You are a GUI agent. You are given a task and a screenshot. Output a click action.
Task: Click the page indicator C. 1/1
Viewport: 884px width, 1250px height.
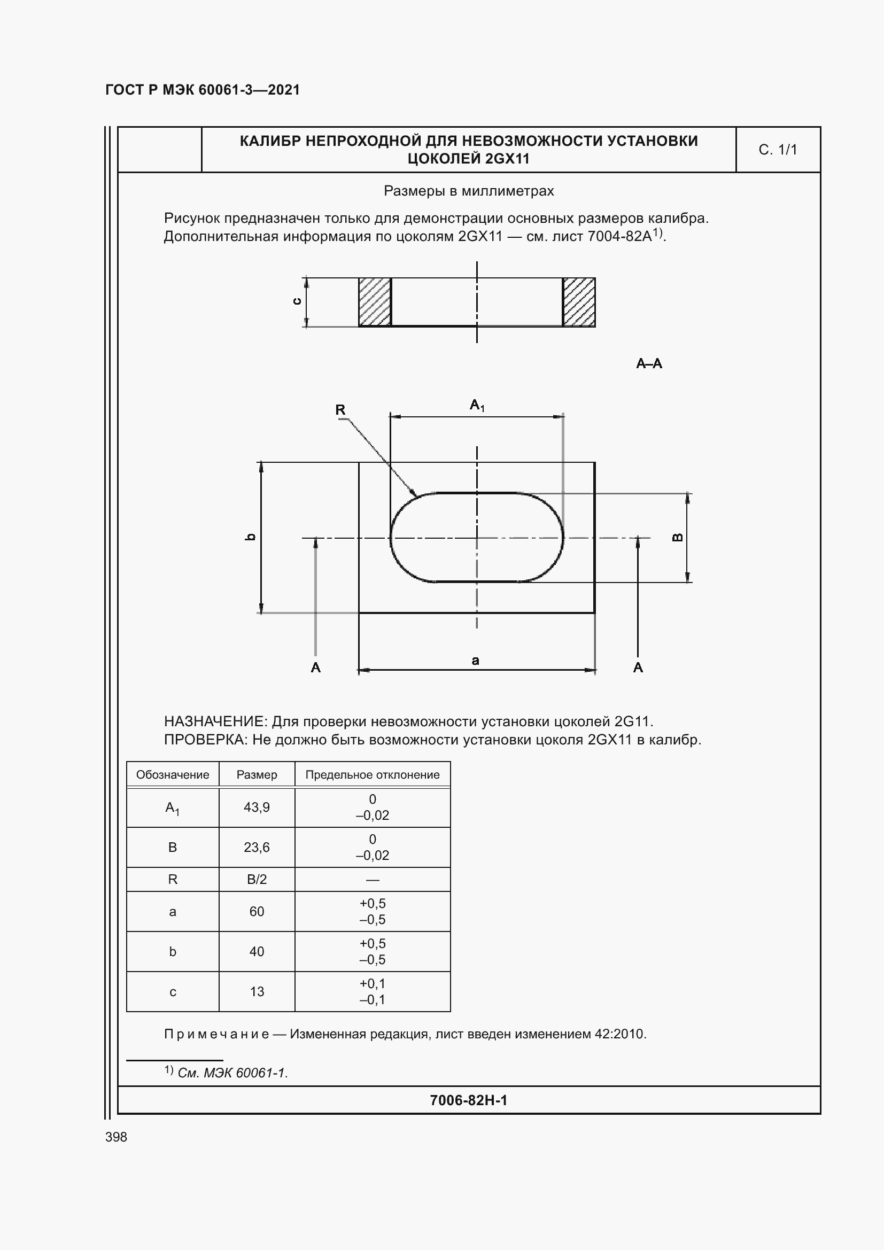(777, 150)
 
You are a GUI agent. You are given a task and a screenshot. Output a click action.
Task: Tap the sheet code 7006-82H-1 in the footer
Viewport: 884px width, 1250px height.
(468, 1100)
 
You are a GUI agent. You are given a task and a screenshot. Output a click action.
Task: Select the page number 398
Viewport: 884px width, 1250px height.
(116, 1137)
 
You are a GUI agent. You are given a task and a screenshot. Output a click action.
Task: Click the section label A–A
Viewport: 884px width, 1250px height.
(649, 364)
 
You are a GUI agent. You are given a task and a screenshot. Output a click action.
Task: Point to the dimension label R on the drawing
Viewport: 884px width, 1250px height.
(340, 410)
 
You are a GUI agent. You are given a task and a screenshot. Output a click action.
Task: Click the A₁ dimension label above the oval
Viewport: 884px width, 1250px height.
(477, 405)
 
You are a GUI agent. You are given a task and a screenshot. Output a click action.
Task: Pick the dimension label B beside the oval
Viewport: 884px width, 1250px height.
(678, 537)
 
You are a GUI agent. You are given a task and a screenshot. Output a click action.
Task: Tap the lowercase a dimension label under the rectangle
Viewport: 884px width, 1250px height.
(475, 661)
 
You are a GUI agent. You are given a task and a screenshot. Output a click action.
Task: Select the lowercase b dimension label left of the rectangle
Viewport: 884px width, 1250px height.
(250, 537)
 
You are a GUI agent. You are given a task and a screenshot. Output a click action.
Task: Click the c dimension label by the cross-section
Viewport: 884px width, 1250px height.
(297, 301)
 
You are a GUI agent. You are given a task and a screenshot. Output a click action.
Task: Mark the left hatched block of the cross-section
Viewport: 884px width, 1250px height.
(375, 302)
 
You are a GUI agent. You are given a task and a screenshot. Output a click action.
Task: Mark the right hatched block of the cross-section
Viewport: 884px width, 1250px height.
(579, 302)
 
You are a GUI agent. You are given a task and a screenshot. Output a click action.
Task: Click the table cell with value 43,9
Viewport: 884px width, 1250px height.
(257, 807)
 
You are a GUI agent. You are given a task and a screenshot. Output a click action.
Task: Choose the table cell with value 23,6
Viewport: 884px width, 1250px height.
(257, 847)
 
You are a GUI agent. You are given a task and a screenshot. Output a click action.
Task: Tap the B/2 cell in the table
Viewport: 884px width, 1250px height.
(257, 879)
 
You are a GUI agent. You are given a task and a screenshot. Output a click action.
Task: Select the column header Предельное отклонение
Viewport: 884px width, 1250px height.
(373, 775)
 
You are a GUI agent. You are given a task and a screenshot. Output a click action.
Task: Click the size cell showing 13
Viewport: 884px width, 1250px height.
(257, 991)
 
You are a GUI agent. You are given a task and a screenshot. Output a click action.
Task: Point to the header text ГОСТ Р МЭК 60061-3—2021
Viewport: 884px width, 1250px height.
(203, 90)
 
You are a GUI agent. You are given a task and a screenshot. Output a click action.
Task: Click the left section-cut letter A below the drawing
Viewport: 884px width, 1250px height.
(316, 667)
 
